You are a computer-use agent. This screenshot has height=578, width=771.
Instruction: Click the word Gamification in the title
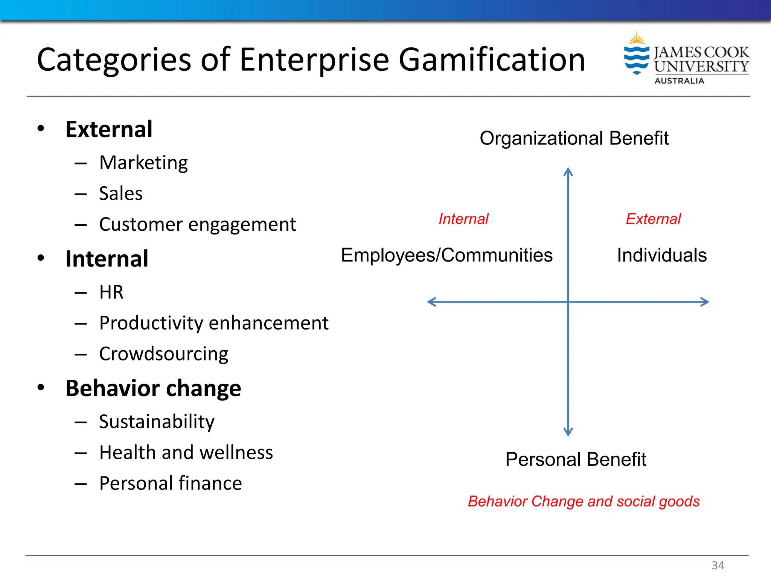(492, 60)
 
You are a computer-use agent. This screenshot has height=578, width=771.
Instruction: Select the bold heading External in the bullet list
(109, 129)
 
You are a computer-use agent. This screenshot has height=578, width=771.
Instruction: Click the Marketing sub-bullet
(143, 163)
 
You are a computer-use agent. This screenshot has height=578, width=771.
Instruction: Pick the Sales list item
(121, 194)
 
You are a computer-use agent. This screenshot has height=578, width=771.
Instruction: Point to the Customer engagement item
(198, 225)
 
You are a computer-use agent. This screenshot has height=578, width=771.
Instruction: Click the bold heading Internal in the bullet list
(107, 259)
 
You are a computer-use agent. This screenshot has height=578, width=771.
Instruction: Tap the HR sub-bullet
(111, 292)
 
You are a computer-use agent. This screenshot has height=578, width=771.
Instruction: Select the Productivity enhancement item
(214, 323)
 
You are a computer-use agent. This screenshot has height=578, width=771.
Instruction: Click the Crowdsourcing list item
(164, 354)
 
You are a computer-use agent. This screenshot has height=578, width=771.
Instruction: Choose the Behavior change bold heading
(153, 388)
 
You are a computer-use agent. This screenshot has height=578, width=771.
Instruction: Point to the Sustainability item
(157, 422)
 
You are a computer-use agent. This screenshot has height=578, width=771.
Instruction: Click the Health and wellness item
(186, 453)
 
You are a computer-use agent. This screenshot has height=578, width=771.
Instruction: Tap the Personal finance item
(171, 484)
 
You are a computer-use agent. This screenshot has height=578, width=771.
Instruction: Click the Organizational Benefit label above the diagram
(574, 138)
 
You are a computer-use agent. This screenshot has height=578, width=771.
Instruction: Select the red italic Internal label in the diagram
(463, 219)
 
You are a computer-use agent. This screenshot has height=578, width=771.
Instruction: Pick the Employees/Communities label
(447, 256)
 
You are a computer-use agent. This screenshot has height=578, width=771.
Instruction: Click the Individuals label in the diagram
(662, 256)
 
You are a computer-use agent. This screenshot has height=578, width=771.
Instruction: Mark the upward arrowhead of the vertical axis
(568, 172)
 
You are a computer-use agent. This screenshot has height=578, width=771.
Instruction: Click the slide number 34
(718, 565)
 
